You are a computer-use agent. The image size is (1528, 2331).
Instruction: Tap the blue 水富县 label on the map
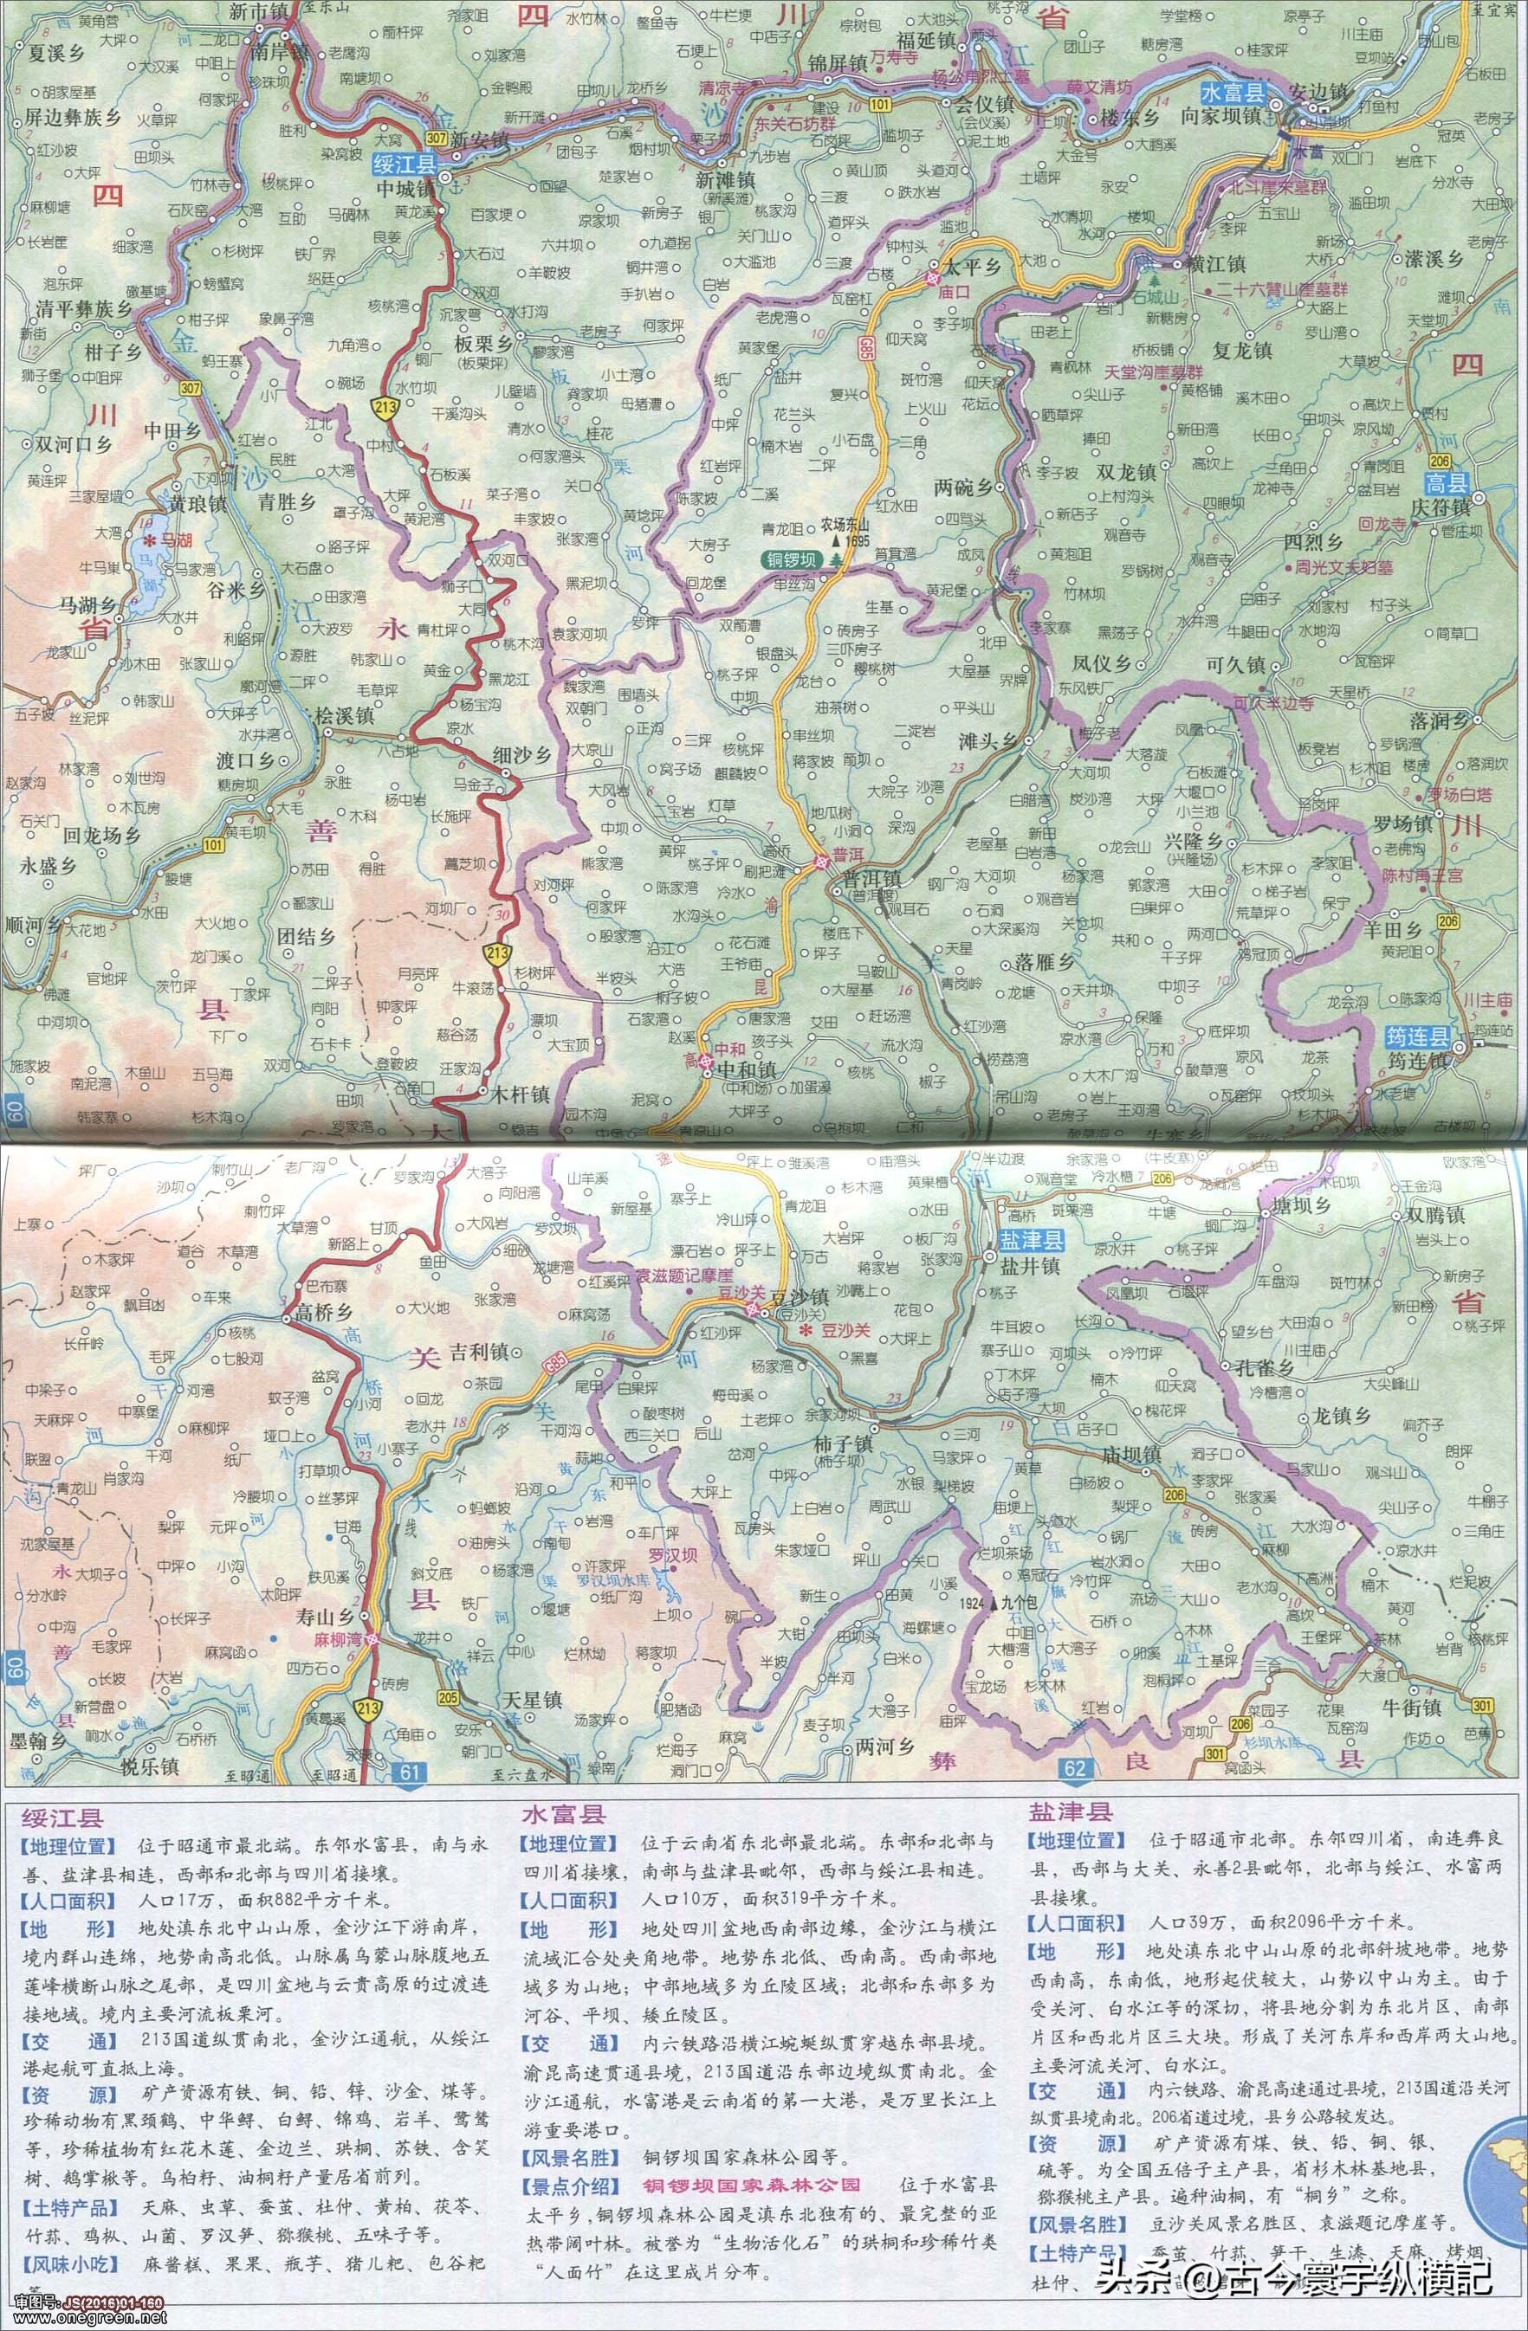pyautogui.click(x=1233, y=93)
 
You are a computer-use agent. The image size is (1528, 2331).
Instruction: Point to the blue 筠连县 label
pyautogui.click(x=1416, y=1037)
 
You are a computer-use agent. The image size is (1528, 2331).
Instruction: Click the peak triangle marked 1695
pyautogui.click(x=837, y=539)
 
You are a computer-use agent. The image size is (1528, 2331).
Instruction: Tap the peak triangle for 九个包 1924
pyautogui.click(x=994, y=1605)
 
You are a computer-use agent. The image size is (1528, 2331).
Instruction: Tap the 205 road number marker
pyautogui.click(x=449, y=1697)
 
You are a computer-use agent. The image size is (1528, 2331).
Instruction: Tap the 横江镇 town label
pyautogui.click(x=1214, y=264)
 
